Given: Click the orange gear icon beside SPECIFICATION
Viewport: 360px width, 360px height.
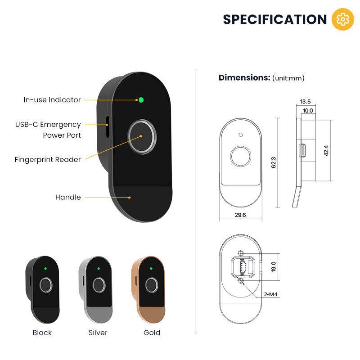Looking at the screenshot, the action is pos(342,19).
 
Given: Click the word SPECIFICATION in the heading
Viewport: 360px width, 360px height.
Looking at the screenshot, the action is pos(275,20).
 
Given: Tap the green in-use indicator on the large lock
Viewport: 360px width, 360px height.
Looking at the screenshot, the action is pos(141,100).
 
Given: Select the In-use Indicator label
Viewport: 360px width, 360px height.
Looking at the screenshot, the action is pos(52,100).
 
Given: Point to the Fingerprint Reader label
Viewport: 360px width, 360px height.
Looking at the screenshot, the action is pos(48,159).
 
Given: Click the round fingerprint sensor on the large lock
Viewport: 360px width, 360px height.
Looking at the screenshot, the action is pos(142,135).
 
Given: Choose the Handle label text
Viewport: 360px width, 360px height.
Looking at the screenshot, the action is pos(68,197).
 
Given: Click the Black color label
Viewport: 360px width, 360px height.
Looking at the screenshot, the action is pos(42,333).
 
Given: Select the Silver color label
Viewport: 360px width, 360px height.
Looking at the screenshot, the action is pos(98,333).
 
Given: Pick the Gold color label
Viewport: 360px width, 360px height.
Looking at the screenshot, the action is pos(152,333).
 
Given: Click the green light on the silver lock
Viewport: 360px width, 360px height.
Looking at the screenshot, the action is pos(98,269).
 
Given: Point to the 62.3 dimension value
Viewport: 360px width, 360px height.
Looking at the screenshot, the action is pos(273,162).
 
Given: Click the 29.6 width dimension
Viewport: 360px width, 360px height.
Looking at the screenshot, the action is pos(240,215).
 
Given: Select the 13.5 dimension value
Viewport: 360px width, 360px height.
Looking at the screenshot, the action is pos(306,102).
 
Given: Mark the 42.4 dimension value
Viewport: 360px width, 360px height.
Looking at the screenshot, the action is pos(326,150).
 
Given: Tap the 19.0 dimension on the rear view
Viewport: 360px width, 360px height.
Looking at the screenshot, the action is pos(273,266).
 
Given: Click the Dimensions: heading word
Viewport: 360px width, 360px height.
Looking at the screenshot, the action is pos(244,77).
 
